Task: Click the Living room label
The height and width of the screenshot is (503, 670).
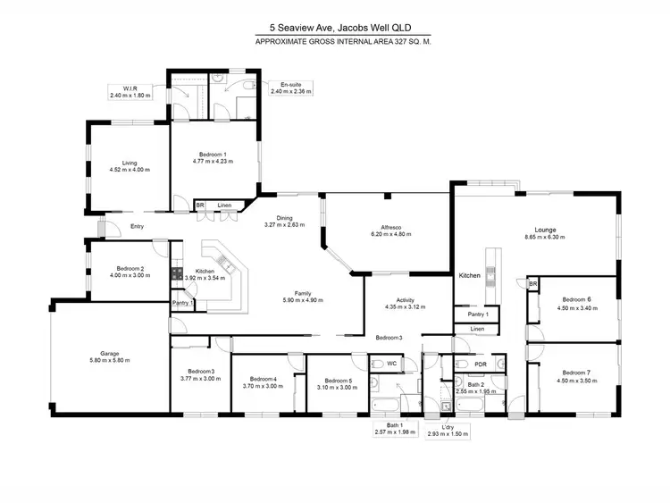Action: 130,163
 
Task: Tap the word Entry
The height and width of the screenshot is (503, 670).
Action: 137,226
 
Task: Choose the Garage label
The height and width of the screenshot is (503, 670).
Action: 91,355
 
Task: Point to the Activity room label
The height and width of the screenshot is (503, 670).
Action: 391,303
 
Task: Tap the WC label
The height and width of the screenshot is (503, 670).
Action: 391,364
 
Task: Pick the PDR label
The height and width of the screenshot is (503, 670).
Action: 481,364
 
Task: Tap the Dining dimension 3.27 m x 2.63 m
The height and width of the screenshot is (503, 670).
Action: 284,225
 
